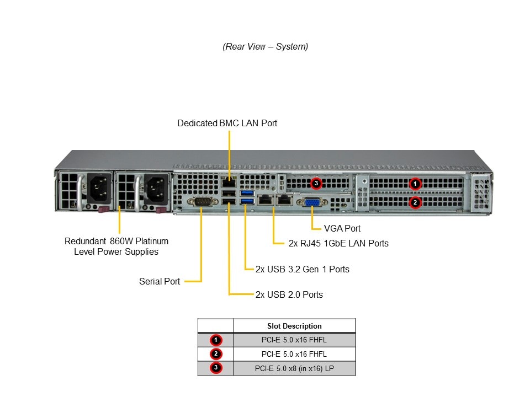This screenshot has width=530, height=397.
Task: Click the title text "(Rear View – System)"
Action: click(265, 47)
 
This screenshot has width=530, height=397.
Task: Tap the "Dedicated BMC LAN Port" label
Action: click(227, 123)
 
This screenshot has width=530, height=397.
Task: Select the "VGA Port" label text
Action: click(342, 228)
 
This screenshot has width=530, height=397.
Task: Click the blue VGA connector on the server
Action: click(312, 202)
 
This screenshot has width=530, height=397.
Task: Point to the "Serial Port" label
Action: click(160, 281)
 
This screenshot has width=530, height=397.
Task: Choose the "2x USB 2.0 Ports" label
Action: click(289, 294)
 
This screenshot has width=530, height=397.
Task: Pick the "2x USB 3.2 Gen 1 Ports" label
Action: click(302, 269)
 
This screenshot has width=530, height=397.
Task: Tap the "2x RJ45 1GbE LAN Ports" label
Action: click(338, 243)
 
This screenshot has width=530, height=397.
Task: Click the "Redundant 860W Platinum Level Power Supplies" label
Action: click(116, 246)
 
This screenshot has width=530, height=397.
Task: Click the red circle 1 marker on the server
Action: click(415, 184)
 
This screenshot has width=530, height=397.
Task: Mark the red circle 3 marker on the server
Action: click(316, 183)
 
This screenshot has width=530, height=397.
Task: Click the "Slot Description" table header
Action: click(294, 326)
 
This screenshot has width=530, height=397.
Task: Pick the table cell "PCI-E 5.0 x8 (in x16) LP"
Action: click(294, 368)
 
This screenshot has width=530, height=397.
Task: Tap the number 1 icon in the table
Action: click(216, 340)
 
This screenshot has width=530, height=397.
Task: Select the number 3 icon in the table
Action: click(216, 368)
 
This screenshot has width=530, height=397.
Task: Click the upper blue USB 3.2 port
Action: click(246, 193)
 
